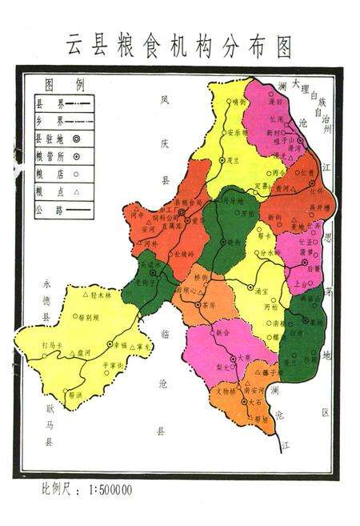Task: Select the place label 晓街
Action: (234, 242)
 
